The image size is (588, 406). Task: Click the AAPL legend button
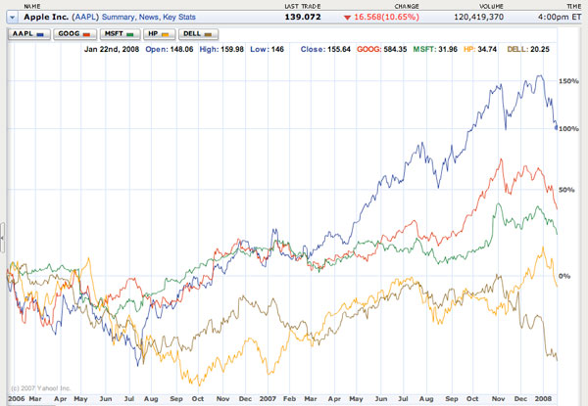pos(28,34)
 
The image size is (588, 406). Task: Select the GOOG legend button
pos(74,34)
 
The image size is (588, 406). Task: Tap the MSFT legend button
pos(120,34)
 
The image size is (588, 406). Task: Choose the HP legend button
pos(159,34)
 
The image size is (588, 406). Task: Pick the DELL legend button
pos(198,34)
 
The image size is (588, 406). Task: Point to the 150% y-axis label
pos(568,81)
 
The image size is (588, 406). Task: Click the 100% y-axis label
pos(568,129)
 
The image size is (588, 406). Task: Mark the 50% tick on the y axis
pos(566,190)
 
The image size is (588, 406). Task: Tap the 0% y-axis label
pos(564,276)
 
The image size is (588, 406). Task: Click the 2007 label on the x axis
pos(268,399)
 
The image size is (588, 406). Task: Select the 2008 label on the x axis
pos(543,399)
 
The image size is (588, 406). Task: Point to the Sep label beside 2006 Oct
pos(176,399)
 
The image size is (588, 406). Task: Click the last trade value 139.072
pos(303,17)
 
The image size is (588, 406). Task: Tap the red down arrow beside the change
pos(347,18)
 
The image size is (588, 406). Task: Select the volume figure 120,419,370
pos(479,17)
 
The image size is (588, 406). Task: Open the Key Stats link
pos(179,17)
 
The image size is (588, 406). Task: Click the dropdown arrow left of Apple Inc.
pos(13,18)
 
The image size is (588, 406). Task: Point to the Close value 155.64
pos(339,49)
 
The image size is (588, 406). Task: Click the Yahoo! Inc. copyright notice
pos(41,388)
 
